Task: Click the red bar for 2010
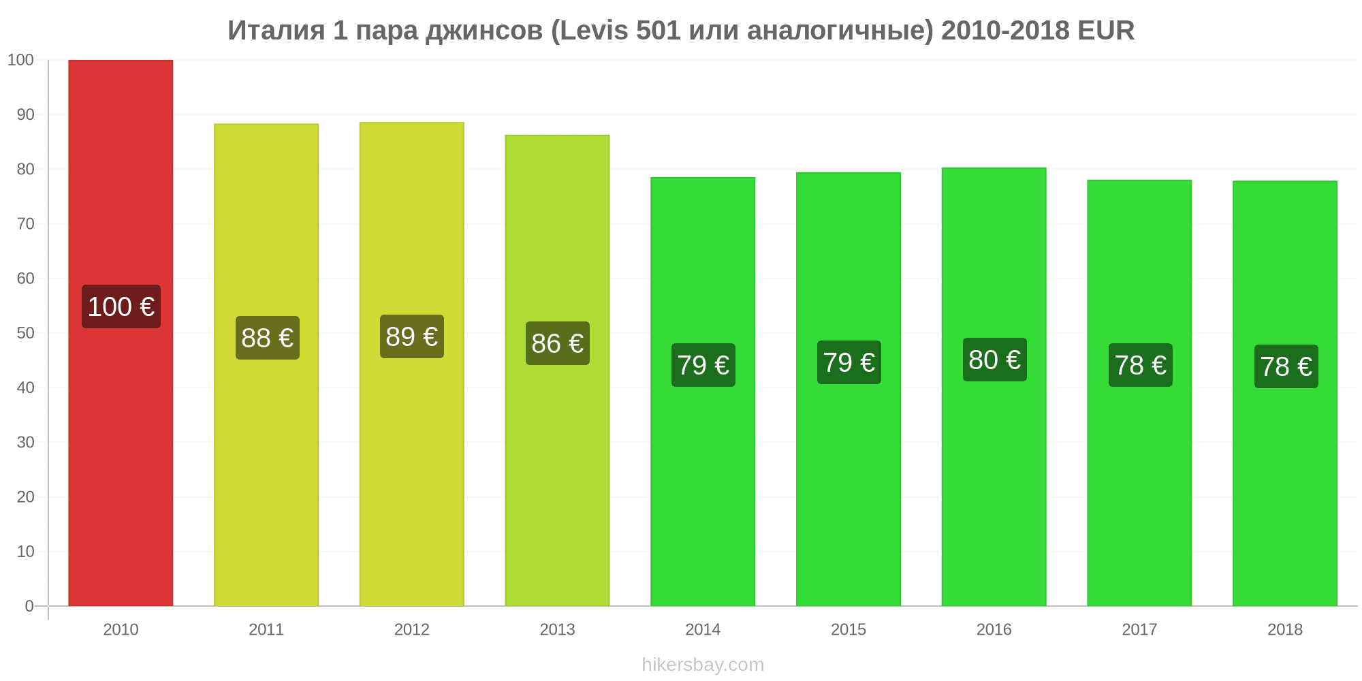[x=121, y=333]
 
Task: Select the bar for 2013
[x=557, y=370]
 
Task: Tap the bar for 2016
[x=994, y=387]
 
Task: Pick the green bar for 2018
[x=1285, y=394]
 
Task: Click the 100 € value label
[x=121, y=306]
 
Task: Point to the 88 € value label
[x=268, y=338]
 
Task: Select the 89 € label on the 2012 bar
[x=412, y=336]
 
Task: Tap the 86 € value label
[x=558, y=343]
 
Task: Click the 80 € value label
[x=995, y=360]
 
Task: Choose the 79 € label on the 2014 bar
[x=703, y=365]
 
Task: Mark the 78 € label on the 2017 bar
[x=1141, y=365]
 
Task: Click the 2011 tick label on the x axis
[x=266, y=629]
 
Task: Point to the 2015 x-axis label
[x=849, y=629]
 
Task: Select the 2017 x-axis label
[x=1139, y=629]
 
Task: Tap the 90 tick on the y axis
[x=25, y=114]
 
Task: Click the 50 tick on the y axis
[x=25, y=333]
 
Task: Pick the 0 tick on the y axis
[x=29, y=606]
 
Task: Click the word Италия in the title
[x=276, y=31]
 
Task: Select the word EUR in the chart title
[x=1106, y=31]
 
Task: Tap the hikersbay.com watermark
[x=703, y=665]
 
